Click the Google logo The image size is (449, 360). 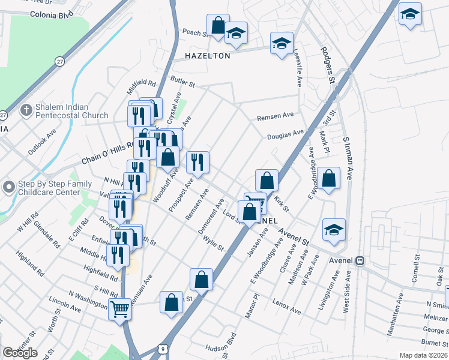pos(20,352)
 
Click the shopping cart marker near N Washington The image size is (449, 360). pos(121,310)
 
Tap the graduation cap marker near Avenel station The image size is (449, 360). pos(334,230)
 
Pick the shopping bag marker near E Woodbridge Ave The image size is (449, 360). pos(328,178)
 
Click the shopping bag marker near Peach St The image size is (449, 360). pos(218,26)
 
